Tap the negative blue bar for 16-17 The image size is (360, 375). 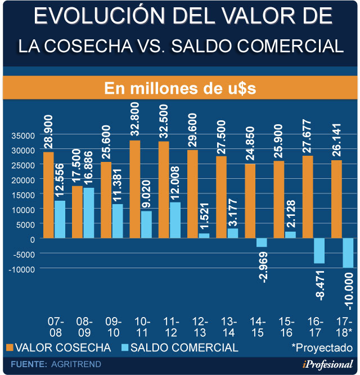319,251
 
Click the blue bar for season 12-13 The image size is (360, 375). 204,236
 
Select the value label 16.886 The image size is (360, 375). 88,168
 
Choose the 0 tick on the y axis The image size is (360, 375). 33,239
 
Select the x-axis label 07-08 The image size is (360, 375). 55,326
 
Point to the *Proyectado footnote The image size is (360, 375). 322,347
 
